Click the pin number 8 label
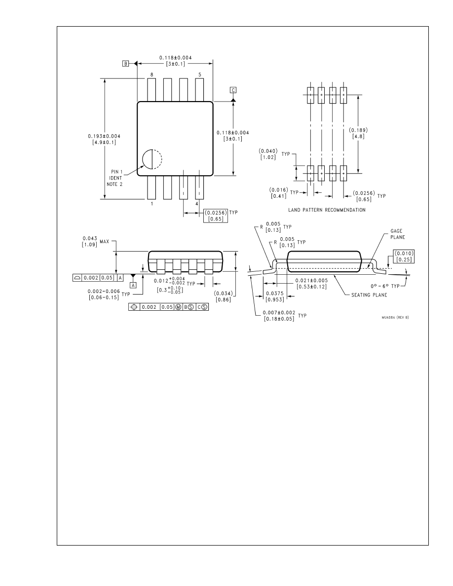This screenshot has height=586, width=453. (x=152, y=74)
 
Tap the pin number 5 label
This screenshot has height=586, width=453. (x=200, y=74)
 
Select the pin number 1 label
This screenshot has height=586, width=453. (x=152, y=203)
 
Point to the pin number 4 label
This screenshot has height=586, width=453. (x=197, y=203)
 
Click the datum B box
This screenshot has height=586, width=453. (x=126, y=64)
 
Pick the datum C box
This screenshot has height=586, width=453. (x=233, y=90)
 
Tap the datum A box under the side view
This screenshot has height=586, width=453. (x=133, y=285)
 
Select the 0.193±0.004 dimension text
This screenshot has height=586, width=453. (x=104, y=136)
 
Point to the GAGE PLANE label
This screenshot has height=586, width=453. (x=398, y=234)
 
